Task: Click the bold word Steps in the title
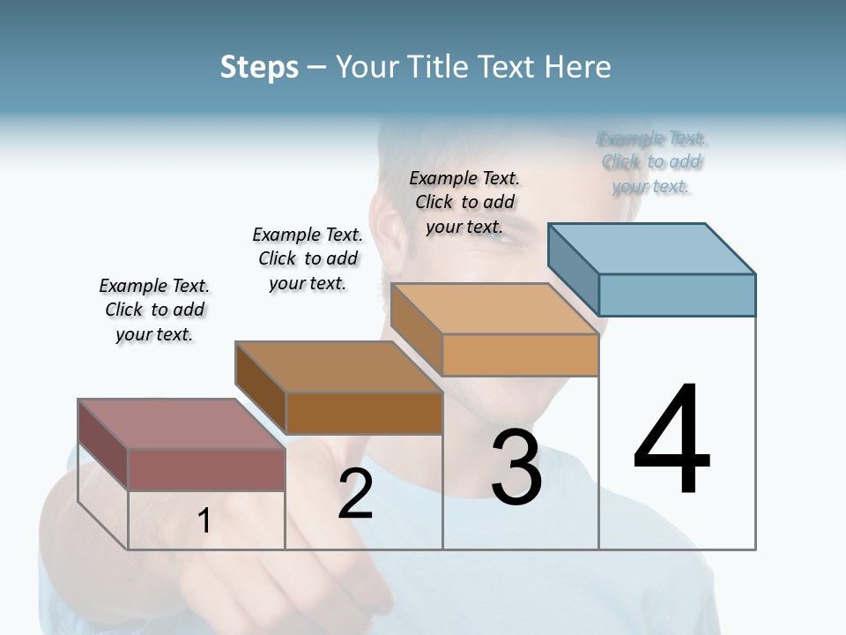(259, 67)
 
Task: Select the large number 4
(672, 441)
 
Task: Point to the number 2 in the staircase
(356, 495)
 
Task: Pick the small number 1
(204, 521)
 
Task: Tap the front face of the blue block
(677, 295)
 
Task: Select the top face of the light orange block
(493, 309)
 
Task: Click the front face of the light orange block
(520, 355)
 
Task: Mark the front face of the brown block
(364, 413)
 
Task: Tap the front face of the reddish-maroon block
(206, 469)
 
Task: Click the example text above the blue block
(652, 162)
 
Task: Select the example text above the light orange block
(464, 202)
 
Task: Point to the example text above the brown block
(308, 258)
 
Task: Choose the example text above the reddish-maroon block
(154, 310)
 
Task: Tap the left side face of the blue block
(574, 269)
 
